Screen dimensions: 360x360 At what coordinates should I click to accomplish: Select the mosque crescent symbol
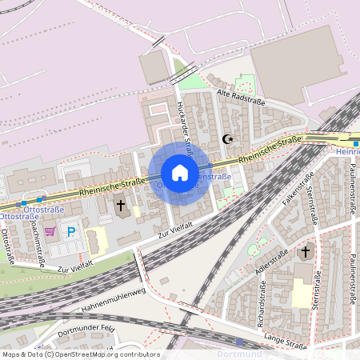pyautogui.click(x=228, y=138)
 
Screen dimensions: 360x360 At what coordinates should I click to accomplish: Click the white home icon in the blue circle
pyautogui.click(x=180, y=173)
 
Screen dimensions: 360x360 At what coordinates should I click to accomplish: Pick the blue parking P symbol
pyautogui.click(x=71, y=232)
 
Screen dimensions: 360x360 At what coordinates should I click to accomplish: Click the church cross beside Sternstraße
pyautogui.click(x=303, y=253)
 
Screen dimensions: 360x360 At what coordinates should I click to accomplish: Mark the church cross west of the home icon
pyautogui.click(x=121, y=206)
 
